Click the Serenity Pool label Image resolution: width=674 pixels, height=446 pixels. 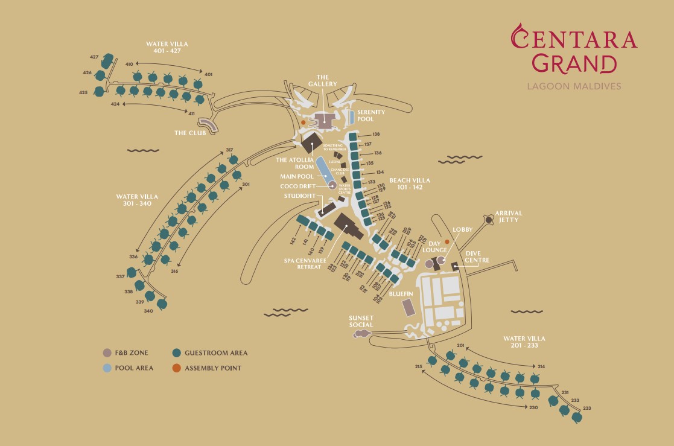coord(370,115)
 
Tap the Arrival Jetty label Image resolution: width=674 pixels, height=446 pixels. coord(508,217)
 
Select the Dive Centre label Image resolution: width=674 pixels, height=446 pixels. coord(477,256)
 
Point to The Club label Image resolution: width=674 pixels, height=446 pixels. coord(189,133)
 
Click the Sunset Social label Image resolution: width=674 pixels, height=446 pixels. coord(361,321)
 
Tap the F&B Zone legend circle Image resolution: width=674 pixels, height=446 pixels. coord(107,353)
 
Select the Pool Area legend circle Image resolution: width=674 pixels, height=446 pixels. coord(107,368)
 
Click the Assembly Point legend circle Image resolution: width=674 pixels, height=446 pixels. coord(176,368)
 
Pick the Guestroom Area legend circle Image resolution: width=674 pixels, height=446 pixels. coord(176,353)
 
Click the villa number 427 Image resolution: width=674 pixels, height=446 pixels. coord(94,57)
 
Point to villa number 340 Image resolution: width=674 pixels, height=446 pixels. coord(148,311)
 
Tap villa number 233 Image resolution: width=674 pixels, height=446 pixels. coord(587,409)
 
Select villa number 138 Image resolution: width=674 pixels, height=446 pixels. coord(376,134)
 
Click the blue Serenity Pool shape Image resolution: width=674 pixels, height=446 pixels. coord(351,116)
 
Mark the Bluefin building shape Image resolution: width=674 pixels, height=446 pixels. coord(409,308)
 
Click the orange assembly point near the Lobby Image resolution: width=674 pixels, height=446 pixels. coord(447,242)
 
